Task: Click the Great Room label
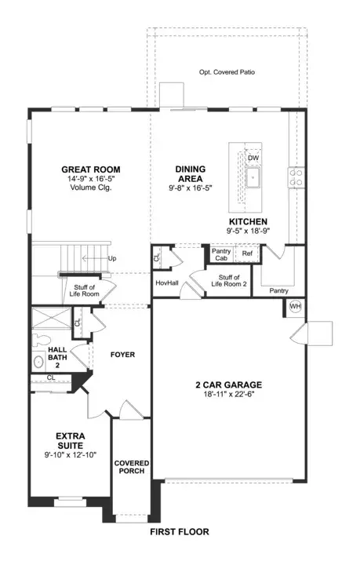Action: (91, 169)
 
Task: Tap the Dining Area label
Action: (191, 173)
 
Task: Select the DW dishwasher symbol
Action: (253, 158)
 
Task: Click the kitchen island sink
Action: (253, 177)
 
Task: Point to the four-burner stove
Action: (296, 177)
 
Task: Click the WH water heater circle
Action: (295, 307)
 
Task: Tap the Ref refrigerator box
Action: (247, 253)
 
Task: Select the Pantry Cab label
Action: (221, 254)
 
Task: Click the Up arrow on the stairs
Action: (95, 258)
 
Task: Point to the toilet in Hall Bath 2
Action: (40, 340)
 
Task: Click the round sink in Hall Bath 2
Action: (38, 362)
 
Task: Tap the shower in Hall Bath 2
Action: (52, 318)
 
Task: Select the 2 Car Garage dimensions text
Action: (229, 394)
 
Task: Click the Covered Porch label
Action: (132, 467)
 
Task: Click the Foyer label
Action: (123, 355)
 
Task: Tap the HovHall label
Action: (167, 283)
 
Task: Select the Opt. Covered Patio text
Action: (227, 72)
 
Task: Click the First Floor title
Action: (180, 531)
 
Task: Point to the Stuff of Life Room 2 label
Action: (229, 281)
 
